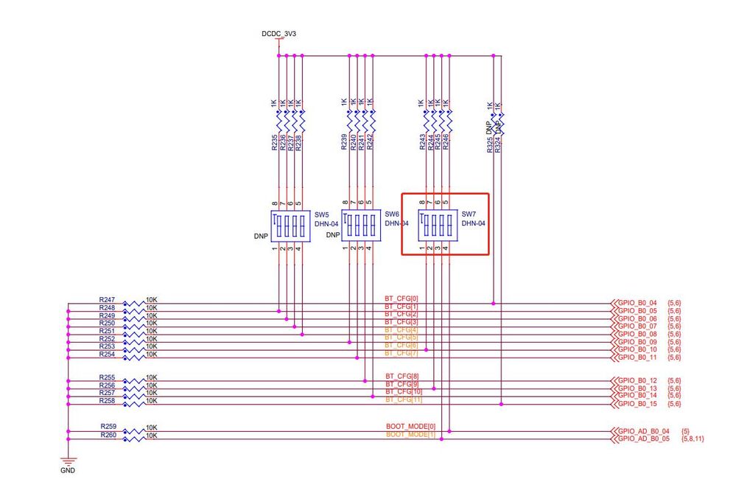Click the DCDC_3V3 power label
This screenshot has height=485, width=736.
(278, 34)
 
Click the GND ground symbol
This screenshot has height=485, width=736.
(67, 462)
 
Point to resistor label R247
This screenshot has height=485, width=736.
(107, 299)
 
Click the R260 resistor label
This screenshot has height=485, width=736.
(108, 435)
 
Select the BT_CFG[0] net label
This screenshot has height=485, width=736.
(401, 299)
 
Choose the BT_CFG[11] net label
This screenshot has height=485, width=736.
(402, 399)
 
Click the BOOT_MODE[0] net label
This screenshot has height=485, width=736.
(410, 427)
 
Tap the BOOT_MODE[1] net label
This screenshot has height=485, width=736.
(410, 435)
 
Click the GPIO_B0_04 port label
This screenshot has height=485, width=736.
(637, 303)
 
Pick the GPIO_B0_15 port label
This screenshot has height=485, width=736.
(637, 403)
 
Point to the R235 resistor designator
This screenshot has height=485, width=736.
(274, 142)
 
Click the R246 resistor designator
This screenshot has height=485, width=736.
(446, 142)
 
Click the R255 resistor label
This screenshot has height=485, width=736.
(107, 377)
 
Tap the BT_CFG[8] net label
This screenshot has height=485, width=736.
(401, 377)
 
